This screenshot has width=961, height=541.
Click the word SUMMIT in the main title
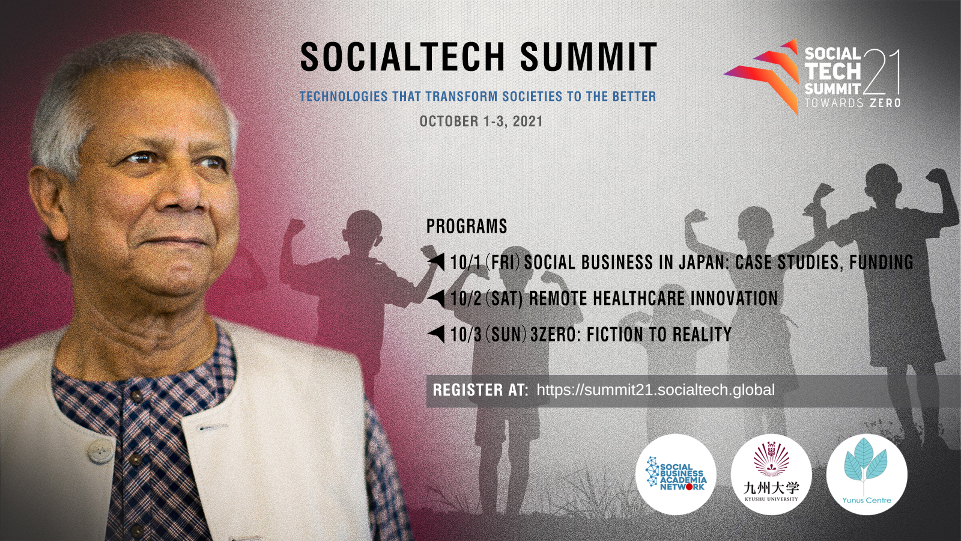[589, 58]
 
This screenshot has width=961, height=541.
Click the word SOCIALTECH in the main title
[402, 58]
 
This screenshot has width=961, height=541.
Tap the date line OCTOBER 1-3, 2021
[481, 121]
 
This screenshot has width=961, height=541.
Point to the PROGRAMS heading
[467, 226]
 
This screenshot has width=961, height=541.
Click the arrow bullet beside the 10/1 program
[437, 261]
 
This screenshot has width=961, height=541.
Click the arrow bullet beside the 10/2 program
[437, 298]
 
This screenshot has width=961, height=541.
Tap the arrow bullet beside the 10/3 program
[437, 334]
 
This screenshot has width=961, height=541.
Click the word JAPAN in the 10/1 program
[702, 262]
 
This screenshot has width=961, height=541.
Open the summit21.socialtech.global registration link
[655, 390]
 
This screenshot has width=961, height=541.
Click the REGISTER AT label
[480, 390]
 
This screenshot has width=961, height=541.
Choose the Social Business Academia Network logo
[676, 474]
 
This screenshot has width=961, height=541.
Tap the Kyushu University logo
[771, 474]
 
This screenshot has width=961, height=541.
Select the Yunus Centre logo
[867, 474]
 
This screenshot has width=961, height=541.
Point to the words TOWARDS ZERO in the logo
[853, 103]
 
